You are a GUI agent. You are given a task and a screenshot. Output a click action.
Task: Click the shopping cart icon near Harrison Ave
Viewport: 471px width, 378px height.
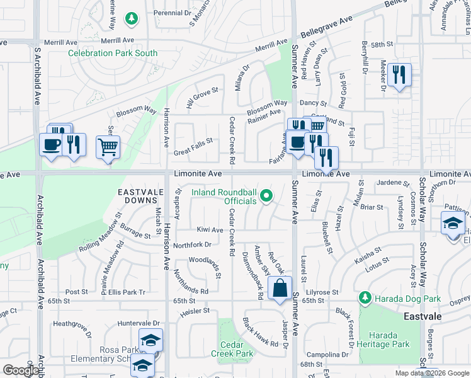(x=108, y=147)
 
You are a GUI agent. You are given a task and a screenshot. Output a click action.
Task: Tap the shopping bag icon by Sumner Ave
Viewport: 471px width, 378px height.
(x=280, y=288)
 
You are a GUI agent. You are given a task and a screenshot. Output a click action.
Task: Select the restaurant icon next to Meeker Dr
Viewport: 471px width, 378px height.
(x=399, y=75)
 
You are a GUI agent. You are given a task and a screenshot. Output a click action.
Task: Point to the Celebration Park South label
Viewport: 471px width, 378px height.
(x=113, y=54)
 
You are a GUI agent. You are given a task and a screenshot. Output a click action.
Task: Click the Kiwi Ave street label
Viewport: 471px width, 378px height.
(x=210, y=231)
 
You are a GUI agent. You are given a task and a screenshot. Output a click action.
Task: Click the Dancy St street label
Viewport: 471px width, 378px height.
(x=313, y=103)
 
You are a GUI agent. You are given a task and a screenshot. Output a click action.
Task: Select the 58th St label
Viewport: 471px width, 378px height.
(x=381, y=45)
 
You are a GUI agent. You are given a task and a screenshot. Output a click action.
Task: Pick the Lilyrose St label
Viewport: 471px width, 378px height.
(x=322, y=293)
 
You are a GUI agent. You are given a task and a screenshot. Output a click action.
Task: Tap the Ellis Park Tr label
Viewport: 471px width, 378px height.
(x=127, y=292)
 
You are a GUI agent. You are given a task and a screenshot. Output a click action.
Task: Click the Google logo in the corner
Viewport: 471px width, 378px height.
(x=20, y=370)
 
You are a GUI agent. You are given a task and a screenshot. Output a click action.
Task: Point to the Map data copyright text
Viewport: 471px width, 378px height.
(x=432, y=373)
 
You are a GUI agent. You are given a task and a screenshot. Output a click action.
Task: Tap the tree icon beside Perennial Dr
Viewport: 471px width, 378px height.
(x=131, y=19)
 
